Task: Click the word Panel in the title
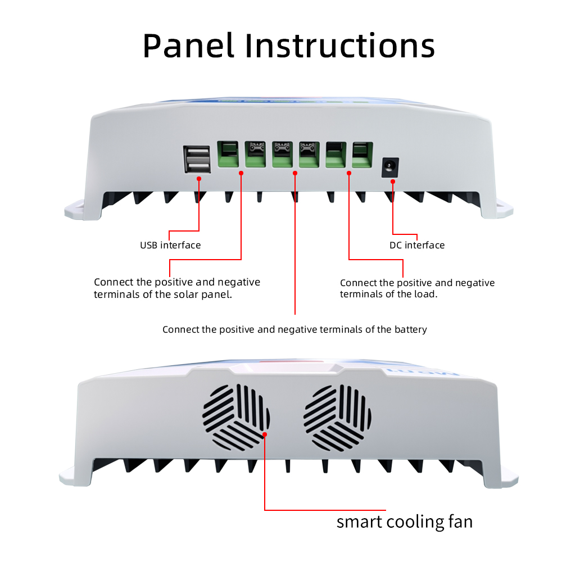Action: click(188, 46)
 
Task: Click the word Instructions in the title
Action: click(340, 46)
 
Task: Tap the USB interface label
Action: click(170, 245)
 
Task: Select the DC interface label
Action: click(417, 245)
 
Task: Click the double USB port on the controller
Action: click(197, 159)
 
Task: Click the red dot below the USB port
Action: click(199, 179)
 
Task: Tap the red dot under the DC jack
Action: click(393, 182)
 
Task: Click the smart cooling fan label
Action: click(405, 522)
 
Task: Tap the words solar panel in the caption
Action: click(203, 294)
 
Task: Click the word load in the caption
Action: click(425, 294)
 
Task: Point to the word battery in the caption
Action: click(409, 329)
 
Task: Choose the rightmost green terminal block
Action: click(361, 154)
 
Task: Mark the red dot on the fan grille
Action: click(264, 433)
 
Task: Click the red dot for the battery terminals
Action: click(295, 174)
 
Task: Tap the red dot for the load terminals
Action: click(349, 174)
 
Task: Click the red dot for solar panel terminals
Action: click(241, 174)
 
